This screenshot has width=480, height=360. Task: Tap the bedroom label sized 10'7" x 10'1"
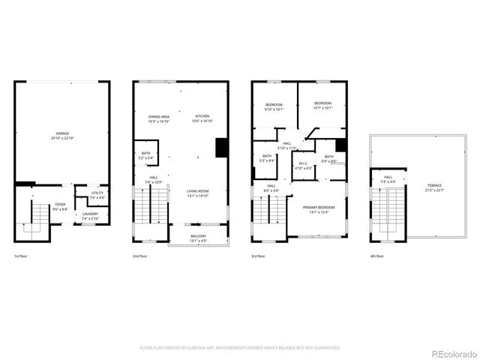[322, 104]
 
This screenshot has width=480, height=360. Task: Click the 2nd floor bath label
[145, 155]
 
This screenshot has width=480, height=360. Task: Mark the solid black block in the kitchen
[222, 148]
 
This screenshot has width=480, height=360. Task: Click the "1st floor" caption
[22, 256]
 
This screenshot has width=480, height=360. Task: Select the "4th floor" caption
[377, 256]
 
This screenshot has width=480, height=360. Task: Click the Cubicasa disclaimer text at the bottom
[240, 348]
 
